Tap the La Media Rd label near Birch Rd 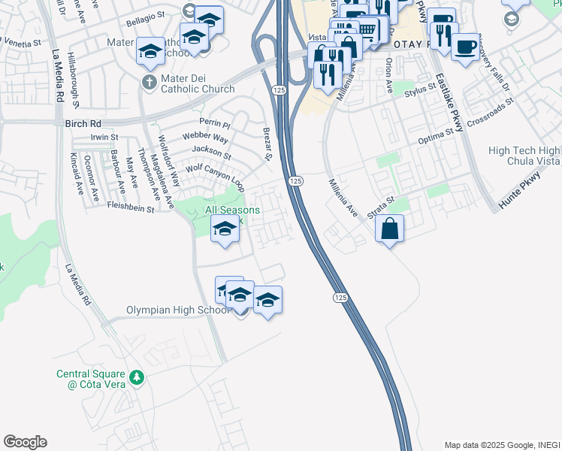pyautogui.click(x=57, y=77)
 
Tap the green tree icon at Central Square pyautogui.click(x=136, y=377)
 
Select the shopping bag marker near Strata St pyautogui.click(x=389, y=229)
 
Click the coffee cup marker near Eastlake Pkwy pyautogui.click(x=465, y=47)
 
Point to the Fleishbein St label pyautogui.click(x=131, y=207)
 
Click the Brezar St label pyautogui.click(x=267, y=144)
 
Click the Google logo pyautogui.click(x=25, y=442)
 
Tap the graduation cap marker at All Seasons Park pyautogui.click(x=225, y=229)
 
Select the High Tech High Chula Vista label pyautogui.click(x=524, y=157)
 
